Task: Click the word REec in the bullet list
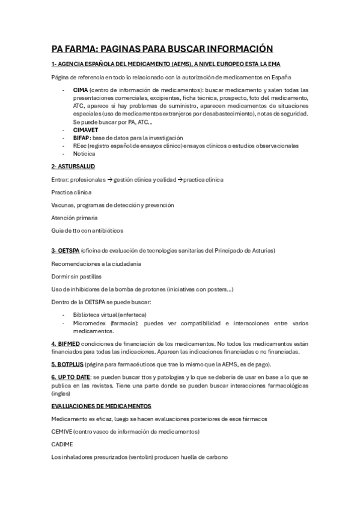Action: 80,146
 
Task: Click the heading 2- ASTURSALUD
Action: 73,166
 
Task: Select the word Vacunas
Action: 63,205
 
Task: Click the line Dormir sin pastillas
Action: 76,277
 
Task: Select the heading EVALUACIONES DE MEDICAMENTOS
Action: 101,407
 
